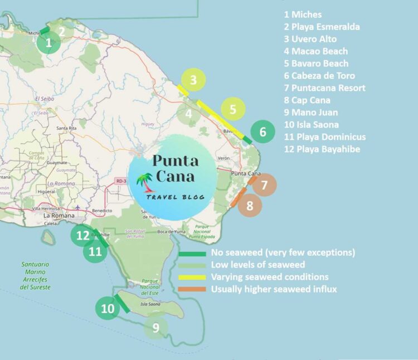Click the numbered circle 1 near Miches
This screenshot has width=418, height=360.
coord(48,42)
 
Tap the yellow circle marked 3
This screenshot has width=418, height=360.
coord(193,80)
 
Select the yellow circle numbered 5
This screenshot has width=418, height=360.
coord(233,109)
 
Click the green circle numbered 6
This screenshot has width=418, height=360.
coord(263,133)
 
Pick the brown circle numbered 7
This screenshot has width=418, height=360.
coord(265,184)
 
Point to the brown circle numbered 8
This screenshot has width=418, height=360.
coord(250,206)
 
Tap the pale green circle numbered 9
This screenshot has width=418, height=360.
coord(156,328)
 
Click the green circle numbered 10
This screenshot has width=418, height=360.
coord(106,308)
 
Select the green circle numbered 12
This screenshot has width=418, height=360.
coord(82,236)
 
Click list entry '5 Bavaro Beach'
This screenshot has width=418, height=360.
coord(315,64)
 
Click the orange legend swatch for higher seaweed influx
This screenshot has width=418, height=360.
coord(193,289)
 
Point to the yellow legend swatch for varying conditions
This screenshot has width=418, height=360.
coord(193,277)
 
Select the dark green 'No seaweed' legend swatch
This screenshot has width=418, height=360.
coord(193,253)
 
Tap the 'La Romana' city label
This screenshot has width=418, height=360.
coord(55,216)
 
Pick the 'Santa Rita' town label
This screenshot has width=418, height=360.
coord(66,128)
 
